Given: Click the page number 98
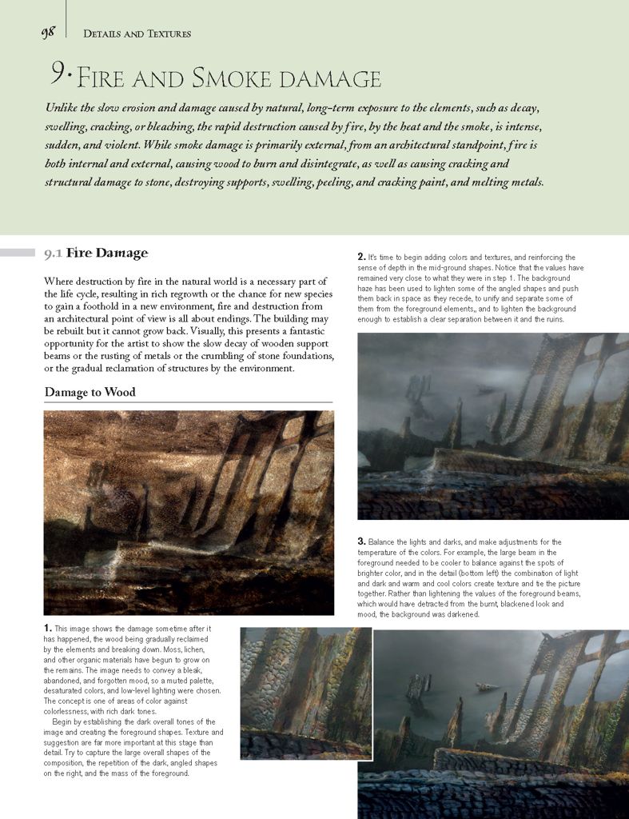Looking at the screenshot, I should click(x=47, y=33).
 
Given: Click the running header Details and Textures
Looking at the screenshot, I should click(x=137, y=34).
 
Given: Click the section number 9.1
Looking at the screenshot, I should click(x=53, y=254).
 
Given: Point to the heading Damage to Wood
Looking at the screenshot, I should click(x=90, y=392).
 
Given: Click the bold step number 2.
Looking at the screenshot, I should click(x=361, y=257).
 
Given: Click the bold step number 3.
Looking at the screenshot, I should click(x=361, y=541).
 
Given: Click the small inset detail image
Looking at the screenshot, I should click(x=306, y=693).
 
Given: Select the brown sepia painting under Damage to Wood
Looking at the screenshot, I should click(x=189, y=512).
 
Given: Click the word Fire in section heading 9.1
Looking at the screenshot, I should click(x=81, y=254).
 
